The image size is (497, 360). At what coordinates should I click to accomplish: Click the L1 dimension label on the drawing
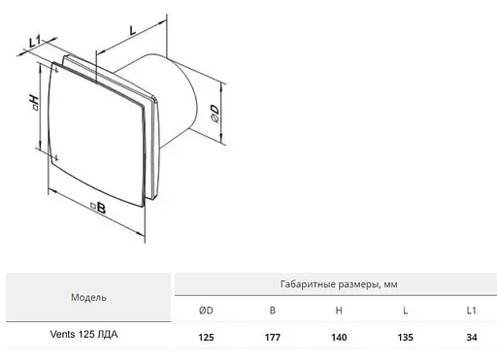tap(35, 42)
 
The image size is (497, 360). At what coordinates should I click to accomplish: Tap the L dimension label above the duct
tap(132, 30)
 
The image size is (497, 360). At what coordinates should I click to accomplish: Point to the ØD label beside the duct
tap(215, 114)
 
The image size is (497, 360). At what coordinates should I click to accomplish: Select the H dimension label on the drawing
tap(34, 102)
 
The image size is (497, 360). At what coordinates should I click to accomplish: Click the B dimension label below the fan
tap(98, 208)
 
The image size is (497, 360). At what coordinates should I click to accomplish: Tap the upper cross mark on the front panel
tap(56, 70)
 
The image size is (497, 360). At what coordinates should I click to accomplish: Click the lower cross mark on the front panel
tap(56, 158)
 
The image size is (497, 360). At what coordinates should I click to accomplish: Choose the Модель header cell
tap(88, 297)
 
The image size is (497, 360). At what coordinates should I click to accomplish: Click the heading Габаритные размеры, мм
tap(339, 284)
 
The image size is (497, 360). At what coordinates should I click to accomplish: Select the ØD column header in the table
tap(206, 311)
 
